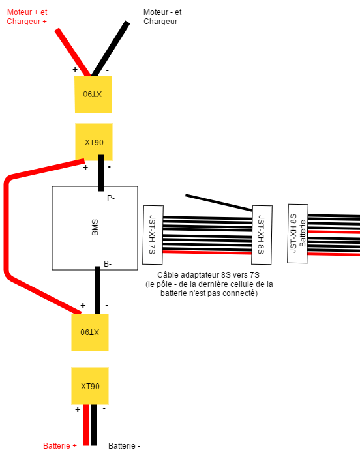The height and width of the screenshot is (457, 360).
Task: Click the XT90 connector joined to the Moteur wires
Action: (93, 95)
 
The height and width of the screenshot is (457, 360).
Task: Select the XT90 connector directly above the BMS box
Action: (94, 142)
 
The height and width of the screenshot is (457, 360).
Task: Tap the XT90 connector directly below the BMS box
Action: (90, 332)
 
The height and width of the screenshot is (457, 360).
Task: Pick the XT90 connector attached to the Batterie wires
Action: (90, 386)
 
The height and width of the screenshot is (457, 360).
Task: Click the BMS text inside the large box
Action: (95, 228)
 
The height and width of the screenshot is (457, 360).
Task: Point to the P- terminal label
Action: (111, 198)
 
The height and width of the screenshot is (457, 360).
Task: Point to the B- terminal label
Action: (108, 264)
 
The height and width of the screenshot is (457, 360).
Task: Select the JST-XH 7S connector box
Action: (153, 235)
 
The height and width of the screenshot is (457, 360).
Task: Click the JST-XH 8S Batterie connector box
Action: (297, 234)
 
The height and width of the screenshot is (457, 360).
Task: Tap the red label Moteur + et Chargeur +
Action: (27, 16)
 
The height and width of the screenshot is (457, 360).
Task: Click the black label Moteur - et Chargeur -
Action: (162, 16)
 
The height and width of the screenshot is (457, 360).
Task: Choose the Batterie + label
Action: (60, 446)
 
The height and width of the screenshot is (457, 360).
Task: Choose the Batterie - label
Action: (124, 446)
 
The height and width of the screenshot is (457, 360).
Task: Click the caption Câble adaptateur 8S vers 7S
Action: (208, 275)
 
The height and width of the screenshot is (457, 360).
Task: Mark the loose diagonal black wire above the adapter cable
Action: (218, 202)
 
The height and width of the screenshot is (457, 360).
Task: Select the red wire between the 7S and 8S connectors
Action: (207, 252)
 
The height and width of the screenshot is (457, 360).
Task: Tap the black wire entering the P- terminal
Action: (102, 173)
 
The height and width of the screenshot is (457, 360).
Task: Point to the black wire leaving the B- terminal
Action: (97, 290)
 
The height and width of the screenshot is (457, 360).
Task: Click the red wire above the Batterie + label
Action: (85, 425)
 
